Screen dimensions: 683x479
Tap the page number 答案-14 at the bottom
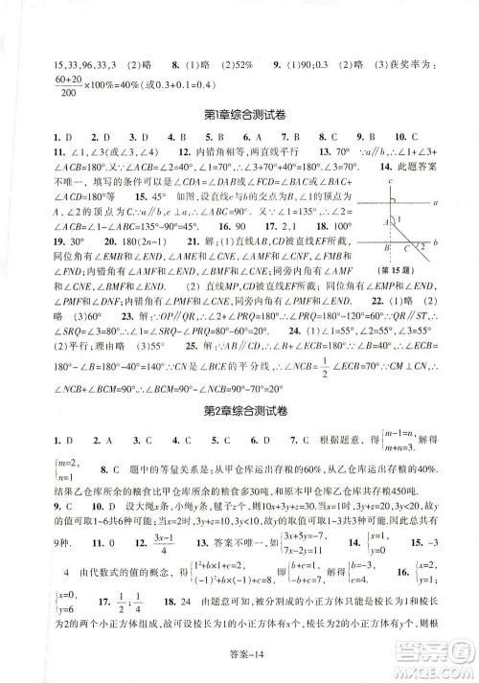pos(239,664)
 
